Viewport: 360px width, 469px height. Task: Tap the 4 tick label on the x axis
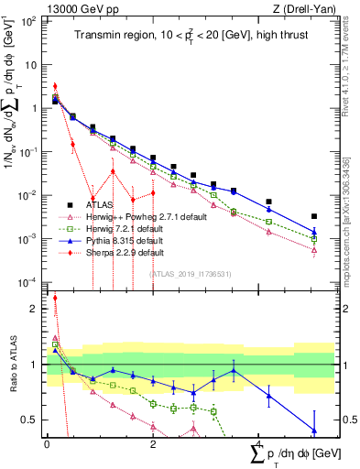tap(259, 444)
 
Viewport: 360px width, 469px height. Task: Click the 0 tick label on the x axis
tap(47, 444)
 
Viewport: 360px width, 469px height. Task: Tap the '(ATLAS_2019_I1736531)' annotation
tap(190, 274)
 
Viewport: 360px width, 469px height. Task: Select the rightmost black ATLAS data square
tap(314, 217)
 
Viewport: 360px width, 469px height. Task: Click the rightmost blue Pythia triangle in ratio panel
tap(314, 430)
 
